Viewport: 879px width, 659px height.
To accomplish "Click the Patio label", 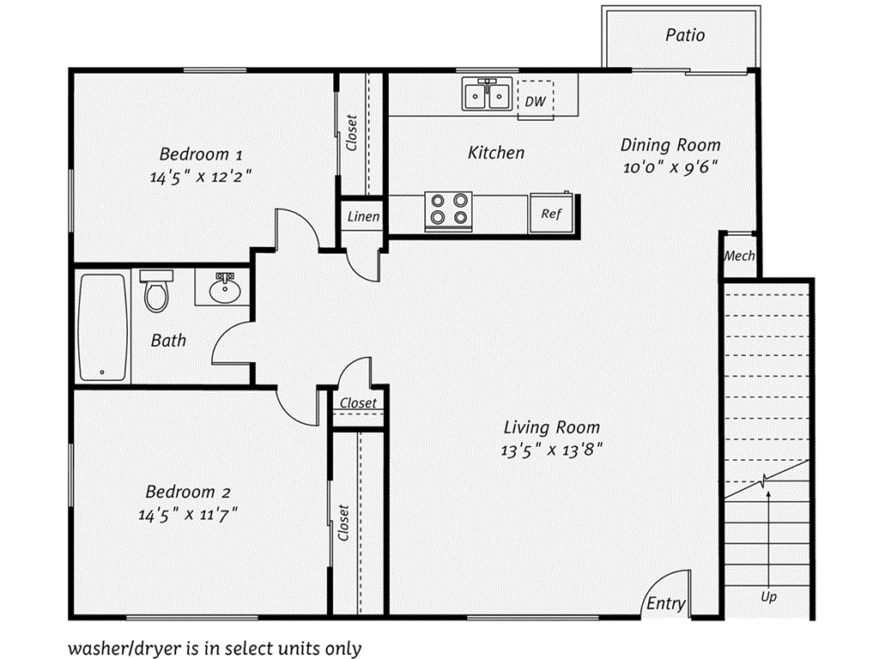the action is click(x=684, y=35).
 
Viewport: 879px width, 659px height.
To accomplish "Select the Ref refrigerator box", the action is click(x=551, y=214).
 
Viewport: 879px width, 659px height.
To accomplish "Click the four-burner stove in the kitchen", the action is click(x=448, y=211).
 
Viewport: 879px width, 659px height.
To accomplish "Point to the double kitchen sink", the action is click(x=487, y=94).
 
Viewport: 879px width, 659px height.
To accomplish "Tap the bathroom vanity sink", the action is click(x=226, y=288).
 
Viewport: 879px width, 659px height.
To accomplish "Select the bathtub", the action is click(x=103, y=328).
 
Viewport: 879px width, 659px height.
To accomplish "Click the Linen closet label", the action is click(x=363, y=216).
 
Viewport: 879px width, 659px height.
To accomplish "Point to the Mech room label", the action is click(x=739, y=256).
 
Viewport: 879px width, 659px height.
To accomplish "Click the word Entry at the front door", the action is click(x=666, y=603).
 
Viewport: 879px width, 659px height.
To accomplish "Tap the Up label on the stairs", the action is click(x=768, y=597).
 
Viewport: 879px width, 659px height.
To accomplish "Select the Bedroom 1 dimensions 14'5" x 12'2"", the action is click(x=201, y=177).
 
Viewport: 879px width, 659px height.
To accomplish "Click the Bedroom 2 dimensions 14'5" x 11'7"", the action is click(x=188, y=514).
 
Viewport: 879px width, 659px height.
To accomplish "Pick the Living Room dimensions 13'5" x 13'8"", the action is click(x=552, y=450).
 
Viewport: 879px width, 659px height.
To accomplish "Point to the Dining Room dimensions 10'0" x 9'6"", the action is click(x=670, y=167).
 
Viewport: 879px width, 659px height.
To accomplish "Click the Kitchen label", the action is click(x=496, y=153).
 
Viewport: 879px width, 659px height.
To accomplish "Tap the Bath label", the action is click(x=168, y=340).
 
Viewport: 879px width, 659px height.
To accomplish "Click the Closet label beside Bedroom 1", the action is click(x=351, y=133).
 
